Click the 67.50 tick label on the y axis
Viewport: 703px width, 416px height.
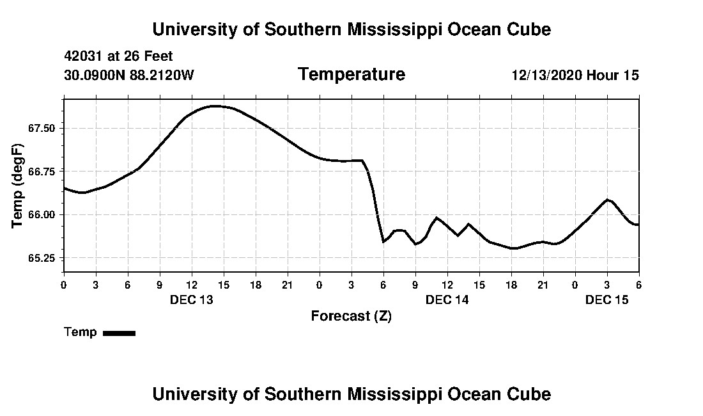pos(42,128)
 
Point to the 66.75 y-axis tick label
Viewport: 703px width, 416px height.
pos(42,172)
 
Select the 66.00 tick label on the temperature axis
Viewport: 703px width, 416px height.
pos(42,214)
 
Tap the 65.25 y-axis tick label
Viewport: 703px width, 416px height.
pos(42,258)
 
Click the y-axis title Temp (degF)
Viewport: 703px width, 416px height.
pos(18,186)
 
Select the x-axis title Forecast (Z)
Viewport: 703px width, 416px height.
pos(351,316)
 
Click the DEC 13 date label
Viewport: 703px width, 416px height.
pos(192,300)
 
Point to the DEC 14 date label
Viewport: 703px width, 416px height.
pos(447,300)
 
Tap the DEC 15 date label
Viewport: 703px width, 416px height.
pos(607,300)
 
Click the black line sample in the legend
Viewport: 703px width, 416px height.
pos(119,333)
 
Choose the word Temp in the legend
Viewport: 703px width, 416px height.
pos(81,332)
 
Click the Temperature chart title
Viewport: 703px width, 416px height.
pos(351,74)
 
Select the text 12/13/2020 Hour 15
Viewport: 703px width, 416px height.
pos(575,76)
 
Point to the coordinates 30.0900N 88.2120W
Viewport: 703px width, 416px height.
pos(129,76)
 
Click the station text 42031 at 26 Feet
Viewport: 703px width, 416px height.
pos(119,57)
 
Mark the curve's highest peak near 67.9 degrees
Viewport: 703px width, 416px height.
pos(215,106)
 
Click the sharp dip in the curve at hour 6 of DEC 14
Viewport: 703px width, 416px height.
pos(383,241)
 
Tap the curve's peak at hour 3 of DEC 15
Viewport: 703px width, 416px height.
pos(607,200)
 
